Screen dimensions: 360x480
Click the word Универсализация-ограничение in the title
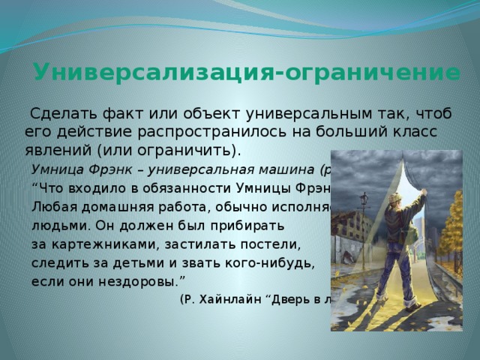point(247,73)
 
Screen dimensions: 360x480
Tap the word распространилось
point(232,130)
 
